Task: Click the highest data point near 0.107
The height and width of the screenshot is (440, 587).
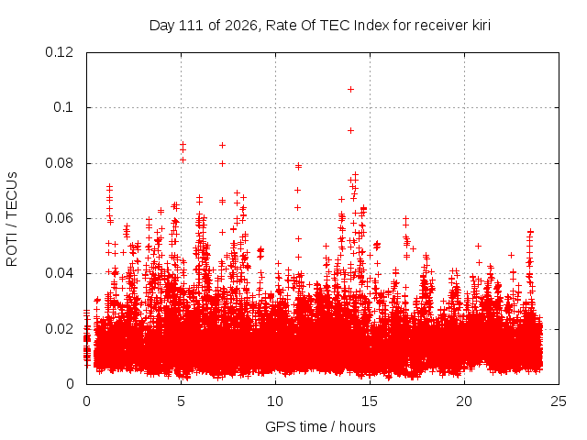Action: pos(350,90)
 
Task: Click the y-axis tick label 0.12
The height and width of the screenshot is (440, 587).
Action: pos(59,52)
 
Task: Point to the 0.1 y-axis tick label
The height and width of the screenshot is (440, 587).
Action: pos(63,107)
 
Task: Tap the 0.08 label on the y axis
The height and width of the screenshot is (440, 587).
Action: pos(59,163)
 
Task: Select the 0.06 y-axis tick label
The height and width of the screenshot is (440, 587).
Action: pos(59,218)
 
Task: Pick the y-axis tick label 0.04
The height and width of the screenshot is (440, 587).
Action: pos(59,273)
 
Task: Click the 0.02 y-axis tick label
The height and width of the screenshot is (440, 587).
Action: pos(59,329)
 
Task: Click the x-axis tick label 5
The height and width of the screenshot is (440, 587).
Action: pos(182,401)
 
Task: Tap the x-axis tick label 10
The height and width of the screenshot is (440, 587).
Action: pos(275,401)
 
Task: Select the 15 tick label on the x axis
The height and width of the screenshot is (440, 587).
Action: pos(370,401)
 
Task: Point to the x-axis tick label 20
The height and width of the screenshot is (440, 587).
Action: pos(464,401)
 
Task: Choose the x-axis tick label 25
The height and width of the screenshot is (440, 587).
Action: pos(559,401)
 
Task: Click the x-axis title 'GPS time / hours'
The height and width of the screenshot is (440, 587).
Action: pos(320,427)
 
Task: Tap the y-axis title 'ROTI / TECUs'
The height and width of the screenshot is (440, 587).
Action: pos(12,219)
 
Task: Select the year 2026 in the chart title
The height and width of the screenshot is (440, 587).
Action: pos(241,26)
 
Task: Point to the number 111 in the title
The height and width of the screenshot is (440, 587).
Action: pos(191,26)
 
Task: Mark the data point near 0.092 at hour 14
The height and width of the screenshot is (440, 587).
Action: pos(350,130)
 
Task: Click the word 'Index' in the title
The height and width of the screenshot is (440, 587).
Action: pos(371,26)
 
